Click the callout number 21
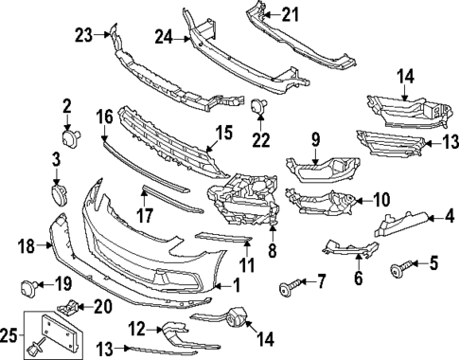[289, 13]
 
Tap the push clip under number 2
[69, 143]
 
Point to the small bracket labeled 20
[68, 308]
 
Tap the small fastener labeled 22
[256, 112]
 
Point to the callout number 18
[26, 246]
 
